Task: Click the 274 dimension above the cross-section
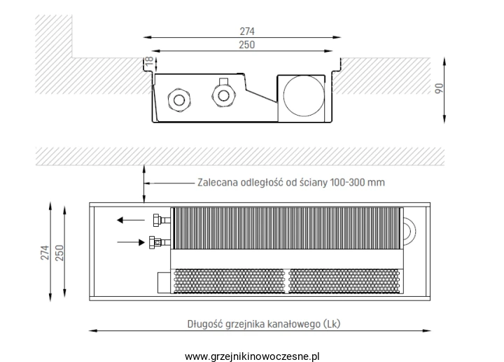pos(247,32)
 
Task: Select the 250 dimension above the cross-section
pos(247,45)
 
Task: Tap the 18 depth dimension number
pos(150,62)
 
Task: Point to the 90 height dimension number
pos(439,88)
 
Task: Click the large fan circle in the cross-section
pos(304,96)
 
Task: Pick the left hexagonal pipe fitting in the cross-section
pos(179,100)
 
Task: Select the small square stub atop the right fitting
pos(223,81)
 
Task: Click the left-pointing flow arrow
pos(131,221)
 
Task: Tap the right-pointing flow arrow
pos(131,242)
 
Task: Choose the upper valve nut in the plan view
pos(157,221)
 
